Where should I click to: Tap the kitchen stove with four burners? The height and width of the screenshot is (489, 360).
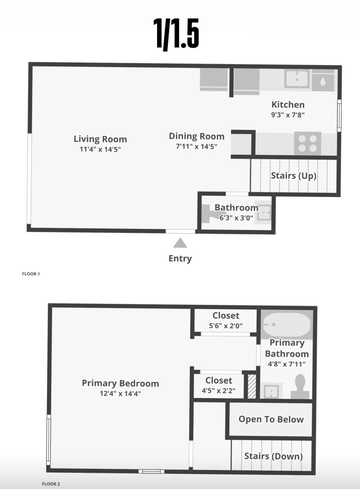click(308, 143)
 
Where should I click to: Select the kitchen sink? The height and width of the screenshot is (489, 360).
click(297, 79)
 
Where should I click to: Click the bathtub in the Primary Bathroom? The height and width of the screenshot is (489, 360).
click(286, 325)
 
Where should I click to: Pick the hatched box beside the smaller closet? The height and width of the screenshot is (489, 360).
click(252, 386)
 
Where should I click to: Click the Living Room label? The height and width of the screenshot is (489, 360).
click(100, 139)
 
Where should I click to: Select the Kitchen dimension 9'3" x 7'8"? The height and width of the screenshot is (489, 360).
click(288, 115)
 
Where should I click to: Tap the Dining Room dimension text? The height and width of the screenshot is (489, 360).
click(197, 146)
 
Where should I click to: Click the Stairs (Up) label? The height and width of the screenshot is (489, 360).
click(294, 176)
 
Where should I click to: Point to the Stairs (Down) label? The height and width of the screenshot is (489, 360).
click(273, 456)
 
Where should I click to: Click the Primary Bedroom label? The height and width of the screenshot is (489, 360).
click(120, 384)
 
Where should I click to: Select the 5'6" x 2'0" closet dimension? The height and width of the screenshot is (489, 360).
click(226, 326)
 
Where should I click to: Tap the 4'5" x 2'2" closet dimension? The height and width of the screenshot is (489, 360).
click(218, 391)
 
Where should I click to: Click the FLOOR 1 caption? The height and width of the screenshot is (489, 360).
click(31, 274)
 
